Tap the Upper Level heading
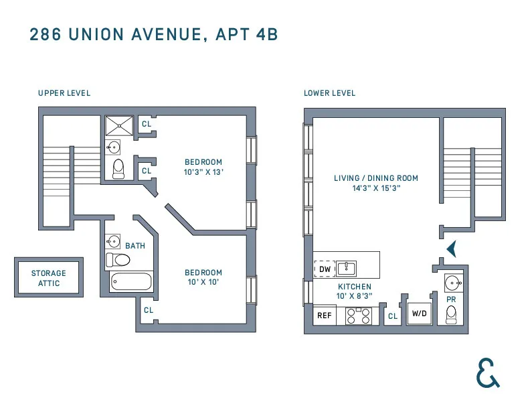(64, 93)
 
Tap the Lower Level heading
(329, 93)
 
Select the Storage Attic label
(49, 278)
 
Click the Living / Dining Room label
(375, 178)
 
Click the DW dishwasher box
(325, 269)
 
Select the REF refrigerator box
(325, 316)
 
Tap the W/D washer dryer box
(420, 314)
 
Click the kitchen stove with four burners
(358, 316)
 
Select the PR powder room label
(452, 300)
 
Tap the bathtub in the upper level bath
(130, 281)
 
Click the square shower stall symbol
(120, 125)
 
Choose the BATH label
(135, 246)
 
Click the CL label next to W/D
(393, 316)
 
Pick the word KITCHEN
(354, 286)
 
